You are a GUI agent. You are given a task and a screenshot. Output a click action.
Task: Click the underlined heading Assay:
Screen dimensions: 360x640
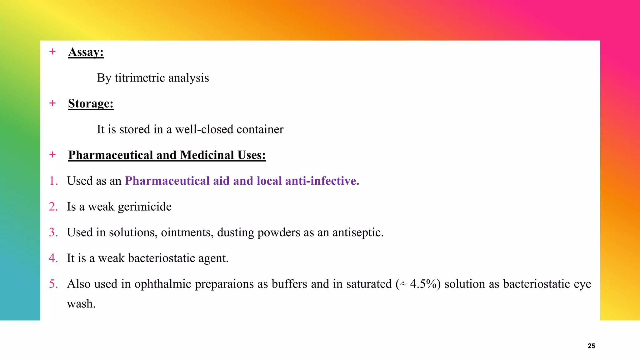pos(86,52)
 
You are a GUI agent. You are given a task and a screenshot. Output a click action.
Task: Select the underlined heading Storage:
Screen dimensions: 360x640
pos(91,103)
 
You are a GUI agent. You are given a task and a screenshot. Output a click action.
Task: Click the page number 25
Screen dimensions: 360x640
pos(591,346)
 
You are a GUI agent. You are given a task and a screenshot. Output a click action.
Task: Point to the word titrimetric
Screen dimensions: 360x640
pos(140,78)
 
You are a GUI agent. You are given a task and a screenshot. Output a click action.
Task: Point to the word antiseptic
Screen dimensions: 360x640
pos(358,232)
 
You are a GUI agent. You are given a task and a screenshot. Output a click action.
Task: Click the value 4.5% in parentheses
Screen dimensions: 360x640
pos(423,284)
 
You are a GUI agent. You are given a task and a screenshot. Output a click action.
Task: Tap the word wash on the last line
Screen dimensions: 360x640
pos(81,304)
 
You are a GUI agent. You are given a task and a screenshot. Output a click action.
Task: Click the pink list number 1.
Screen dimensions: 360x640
pos(53,181)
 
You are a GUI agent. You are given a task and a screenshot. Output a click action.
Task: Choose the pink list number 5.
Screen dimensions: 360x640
pos(53,284)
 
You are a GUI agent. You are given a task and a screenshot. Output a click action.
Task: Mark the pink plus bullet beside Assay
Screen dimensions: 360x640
pos(52,52)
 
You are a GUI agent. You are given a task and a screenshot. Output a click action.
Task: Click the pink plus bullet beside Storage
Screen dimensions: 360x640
pos(52,103)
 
